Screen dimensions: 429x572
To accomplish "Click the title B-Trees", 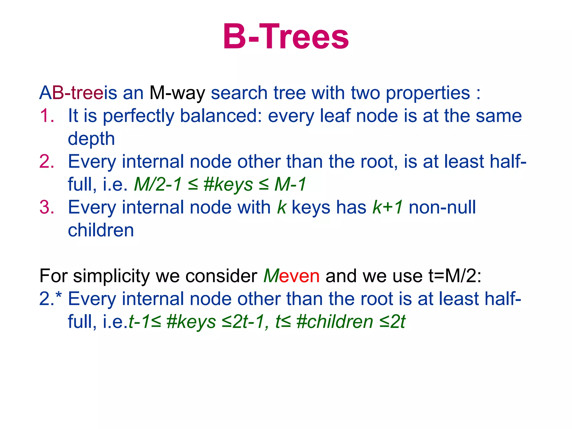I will [286, 37].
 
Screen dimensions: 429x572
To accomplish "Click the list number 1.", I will [47, 116].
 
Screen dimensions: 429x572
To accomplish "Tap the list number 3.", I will [47, 207].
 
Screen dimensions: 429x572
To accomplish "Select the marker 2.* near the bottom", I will [50, 299].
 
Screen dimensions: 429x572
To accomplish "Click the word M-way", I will [177, 93].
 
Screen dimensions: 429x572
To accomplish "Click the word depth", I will [91, 139].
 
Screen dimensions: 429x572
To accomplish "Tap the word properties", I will [428, 93].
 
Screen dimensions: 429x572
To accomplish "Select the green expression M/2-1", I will [158, 184].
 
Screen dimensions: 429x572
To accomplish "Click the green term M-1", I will [290, 184].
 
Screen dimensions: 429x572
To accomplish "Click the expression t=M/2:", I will [455, 276].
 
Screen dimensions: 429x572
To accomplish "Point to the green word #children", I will [335, 322].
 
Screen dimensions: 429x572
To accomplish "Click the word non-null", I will [442, 207].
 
